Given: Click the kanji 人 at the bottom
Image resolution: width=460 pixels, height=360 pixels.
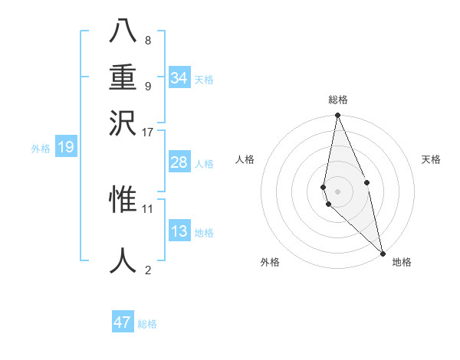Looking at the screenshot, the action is [x=123, y=260].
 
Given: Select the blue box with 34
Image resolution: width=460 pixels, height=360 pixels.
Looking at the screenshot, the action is [x=179, y=78].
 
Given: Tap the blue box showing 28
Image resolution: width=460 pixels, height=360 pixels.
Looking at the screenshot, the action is [x=179, y=162].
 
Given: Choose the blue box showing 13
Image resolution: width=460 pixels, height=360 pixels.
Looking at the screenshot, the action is [x=179, y=231].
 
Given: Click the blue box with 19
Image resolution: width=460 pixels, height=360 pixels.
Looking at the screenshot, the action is [x=65, y=147].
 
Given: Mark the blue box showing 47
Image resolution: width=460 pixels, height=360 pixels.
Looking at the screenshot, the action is [x=123, y=322].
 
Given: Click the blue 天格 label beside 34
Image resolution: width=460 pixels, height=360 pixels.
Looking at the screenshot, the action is [x=204, y=80].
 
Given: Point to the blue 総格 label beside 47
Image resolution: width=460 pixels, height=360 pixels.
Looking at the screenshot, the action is [x=147, y=324].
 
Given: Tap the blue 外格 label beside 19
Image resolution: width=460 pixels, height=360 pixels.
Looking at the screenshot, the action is [x=41, y=149].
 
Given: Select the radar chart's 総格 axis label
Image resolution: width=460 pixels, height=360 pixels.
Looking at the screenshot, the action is [x=338, y=100].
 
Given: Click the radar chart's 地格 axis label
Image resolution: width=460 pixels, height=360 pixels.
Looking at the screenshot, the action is [x=402, y=262].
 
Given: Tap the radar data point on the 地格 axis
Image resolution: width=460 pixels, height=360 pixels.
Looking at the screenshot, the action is [x=383, y=253].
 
